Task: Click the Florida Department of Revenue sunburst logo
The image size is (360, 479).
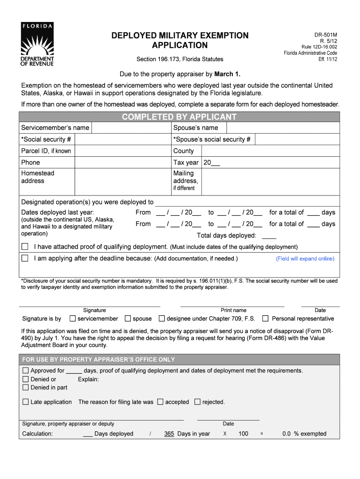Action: click(x=37, y=44)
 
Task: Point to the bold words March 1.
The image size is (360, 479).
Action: click(x=227, y=74)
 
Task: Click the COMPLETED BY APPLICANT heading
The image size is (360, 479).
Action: click(x=180, y=117)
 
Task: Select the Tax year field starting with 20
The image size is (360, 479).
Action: click(x=211, y=162)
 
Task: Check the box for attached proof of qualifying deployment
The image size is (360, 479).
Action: click(x=25, y=247)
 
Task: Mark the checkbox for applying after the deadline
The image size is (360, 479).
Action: click(x=25, y=258)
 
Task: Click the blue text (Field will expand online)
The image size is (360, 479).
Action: click(x=305, y=259)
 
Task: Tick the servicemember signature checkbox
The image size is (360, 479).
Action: click(x=72, y=319)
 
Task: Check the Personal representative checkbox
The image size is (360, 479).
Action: click(x=265, y=319)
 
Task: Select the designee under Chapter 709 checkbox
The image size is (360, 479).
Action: click(x=162, y=319)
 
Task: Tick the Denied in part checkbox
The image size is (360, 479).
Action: click(x=26, y=387)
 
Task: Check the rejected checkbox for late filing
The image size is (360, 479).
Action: click(x=197, y=402)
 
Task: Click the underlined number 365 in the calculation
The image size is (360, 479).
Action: click(x=169, y=434)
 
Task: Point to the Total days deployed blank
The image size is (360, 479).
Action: click(x=269, y=236)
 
